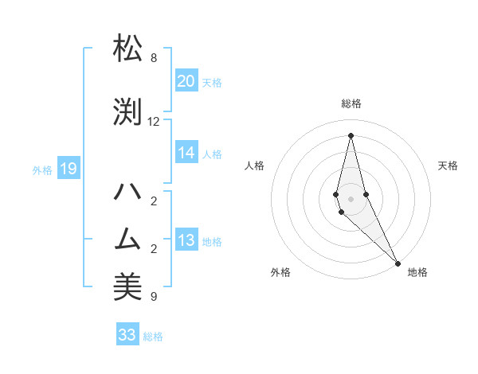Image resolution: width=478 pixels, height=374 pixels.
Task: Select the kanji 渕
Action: [x=127, y=112]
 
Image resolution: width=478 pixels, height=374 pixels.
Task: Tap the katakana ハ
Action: [x=127, y=192]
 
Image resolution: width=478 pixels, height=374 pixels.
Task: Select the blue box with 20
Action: [x=186, y=81]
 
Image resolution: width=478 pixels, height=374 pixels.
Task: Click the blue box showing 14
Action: [x=186, y=153]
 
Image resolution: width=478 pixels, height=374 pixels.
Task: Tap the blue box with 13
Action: [x=186, y=240]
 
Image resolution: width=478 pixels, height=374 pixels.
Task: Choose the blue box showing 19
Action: [x=68, y=169]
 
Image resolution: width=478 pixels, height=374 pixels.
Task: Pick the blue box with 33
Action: [x=127, y=335]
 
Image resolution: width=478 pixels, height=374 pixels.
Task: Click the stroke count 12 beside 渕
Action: [x=154, y=122]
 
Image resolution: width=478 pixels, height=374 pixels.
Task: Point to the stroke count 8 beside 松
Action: [x=154, y=58]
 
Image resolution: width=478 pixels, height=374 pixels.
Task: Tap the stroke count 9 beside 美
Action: [x=154, y=297]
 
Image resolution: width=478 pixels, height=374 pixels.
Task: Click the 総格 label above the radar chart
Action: [x=351, y=103]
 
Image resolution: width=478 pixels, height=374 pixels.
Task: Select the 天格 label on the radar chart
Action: [x=448, y=166]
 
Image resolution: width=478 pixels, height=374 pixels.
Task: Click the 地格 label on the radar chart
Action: [x=417, y=272]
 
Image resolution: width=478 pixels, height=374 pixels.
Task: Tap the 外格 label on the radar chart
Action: [x=280, y=272]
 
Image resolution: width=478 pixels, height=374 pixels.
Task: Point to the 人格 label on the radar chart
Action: [x=254, y=166]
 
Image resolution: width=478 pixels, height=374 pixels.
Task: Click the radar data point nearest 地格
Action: [x=398, y=263]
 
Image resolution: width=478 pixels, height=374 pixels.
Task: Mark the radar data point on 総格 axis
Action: [x=351, y=134]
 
